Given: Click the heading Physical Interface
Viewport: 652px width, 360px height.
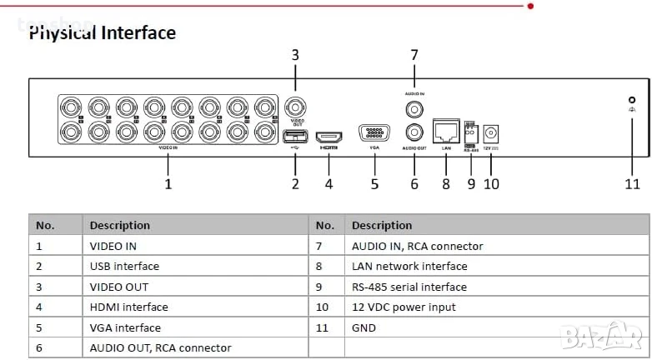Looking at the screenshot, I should click(103, 33).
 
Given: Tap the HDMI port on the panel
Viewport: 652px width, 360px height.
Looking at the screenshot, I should click(329, 135).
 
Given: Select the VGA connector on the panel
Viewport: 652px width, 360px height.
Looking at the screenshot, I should click(374, 133).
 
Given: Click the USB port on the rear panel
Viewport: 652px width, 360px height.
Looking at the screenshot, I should click(295, 136).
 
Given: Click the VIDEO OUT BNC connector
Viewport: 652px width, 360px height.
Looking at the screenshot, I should click(295, 107).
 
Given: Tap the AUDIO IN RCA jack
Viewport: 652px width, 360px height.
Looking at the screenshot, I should click(414, 107).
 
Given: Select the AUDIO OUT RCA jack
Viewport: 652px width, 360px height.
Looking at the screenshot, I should click(414, 131).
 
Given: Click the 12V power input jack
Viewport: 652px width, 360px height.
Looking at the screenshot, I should click(491, 132).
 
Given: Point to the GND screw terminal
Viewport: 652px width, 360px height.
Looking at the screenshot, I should click(632, 100).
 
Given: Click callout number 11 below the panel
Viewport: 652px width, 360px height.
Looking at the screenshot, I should click(633, 183).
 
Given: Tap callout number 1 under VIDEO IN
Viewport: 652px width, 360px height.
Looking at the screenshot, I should click(168, 183).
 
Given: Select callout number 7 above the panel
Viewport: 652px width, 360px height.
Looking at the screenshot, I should click(414, 55).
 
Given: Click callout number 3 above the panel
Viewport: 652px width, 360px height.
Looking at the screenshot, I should click(295, 55).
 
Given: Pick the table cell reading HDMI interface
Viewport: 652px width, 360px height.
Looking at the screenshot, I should click(129, 307).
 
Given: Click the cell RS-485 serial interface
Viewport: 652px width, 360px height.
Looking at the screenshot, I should click(409, 287).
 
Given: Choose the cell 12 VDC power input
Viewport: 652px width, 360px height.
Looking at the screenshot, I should click(404, 307).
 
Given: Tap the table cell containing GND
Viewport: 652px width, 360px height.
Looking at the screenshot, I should click(364, 327).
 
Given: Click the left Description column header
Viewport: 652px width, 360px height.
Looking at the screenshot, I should click(120, 225).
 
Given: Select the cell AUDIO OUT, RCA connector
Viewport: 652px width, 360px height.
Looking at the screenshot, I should click(161, 347).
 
